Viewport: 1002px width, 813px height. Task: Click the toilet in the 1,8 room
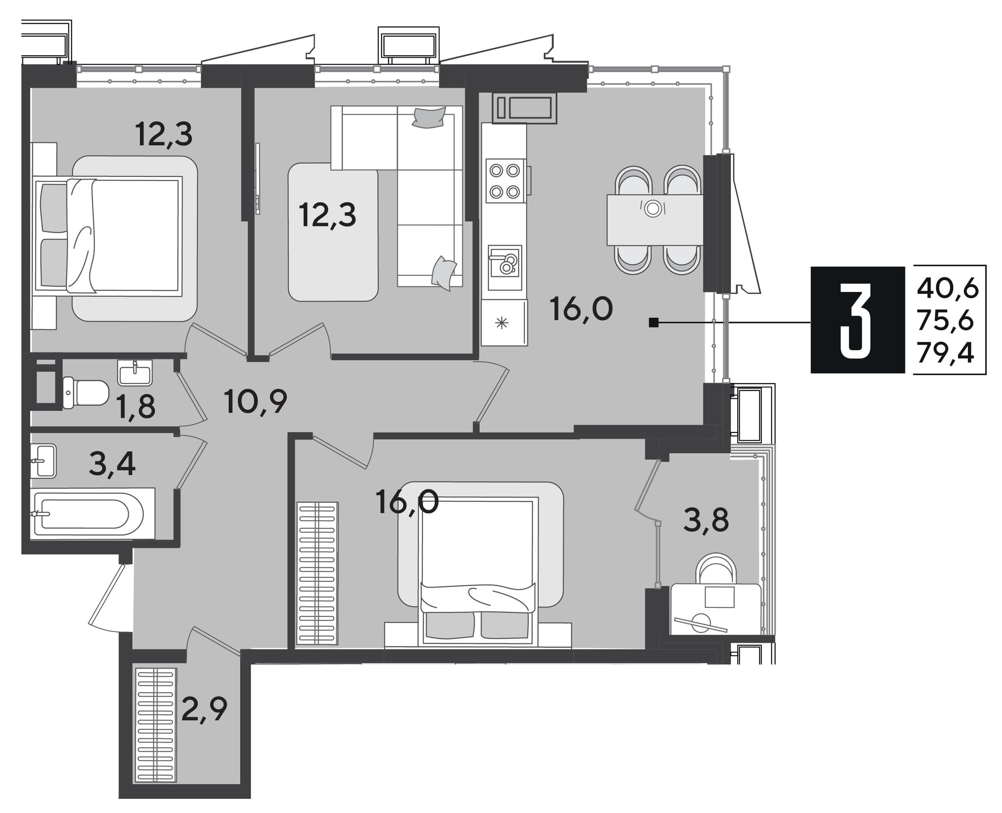pyautogui.click(x=86, y=393)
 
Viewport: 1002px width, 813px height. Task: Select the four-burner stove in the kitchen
pyautogui.click(x=505, y=181)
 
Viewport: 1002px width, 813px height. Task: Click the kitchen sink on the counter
pyautogui.click(x=504, y=268)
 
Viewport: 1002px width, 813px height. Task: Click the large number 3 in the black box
pyautogui.click(x=857, y=320)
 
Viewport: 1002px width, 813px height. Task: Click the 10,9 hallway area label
pyautogui.click(x=255, y=403)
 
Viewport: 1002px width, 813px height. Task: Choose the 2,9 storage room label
pyautogui.click(x=204, y=709)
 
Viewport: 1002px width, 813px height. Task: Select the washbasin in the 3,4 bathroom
pyautogui.click(x=44, y=461)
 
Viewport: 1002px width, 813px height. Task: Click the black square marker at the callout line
pyautogui.click(x=653, y=322)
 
